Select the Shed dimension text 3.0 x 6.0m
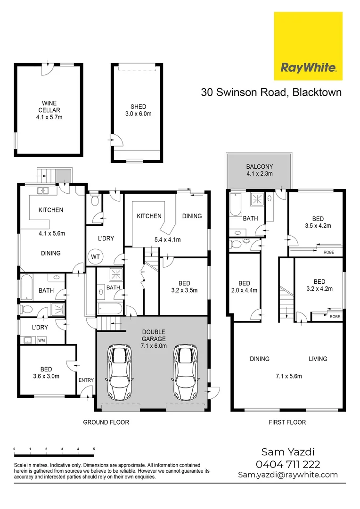point(138,114)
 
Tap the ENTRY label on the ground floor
point(86,380)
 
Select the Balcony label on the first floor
point(260,167)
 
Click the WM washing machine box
point(41,339)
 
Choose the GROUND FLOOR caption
point(106,422)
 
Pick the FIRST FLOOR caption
point(287,422)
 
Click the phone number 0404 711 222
point(288,465)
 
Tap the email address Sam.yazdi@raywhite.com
point(288,475)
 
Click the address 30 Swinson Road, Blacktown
point(271,92)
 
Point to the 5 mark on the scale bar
point(94,449)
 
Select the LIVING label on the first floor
point(318,359)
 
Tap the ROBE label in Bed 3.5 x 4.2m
point(328,252)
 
